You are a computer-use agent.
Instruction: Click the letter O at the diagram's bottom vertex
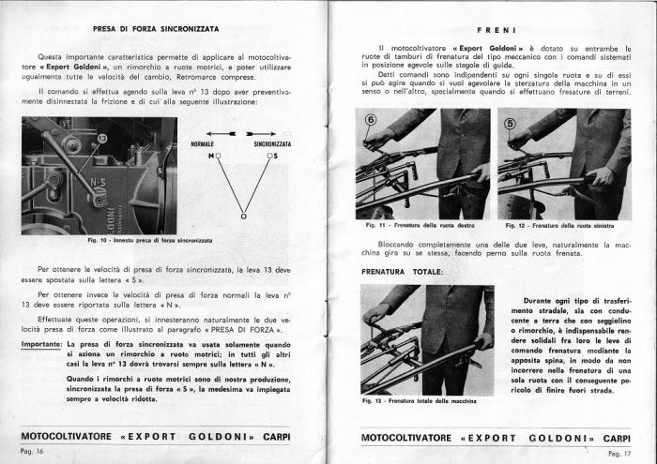click(x=243, y=217)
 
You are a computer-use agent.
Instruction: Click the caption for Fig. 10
click(x=150, y=239)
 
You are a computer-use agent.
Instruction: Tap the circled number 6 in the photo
click(x=369, y=121)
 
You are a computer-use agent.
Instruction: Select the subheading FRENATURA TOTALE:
click(x=404, y=272)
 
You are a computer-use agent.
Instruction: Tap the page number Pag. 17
click(x=619, y=452)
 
